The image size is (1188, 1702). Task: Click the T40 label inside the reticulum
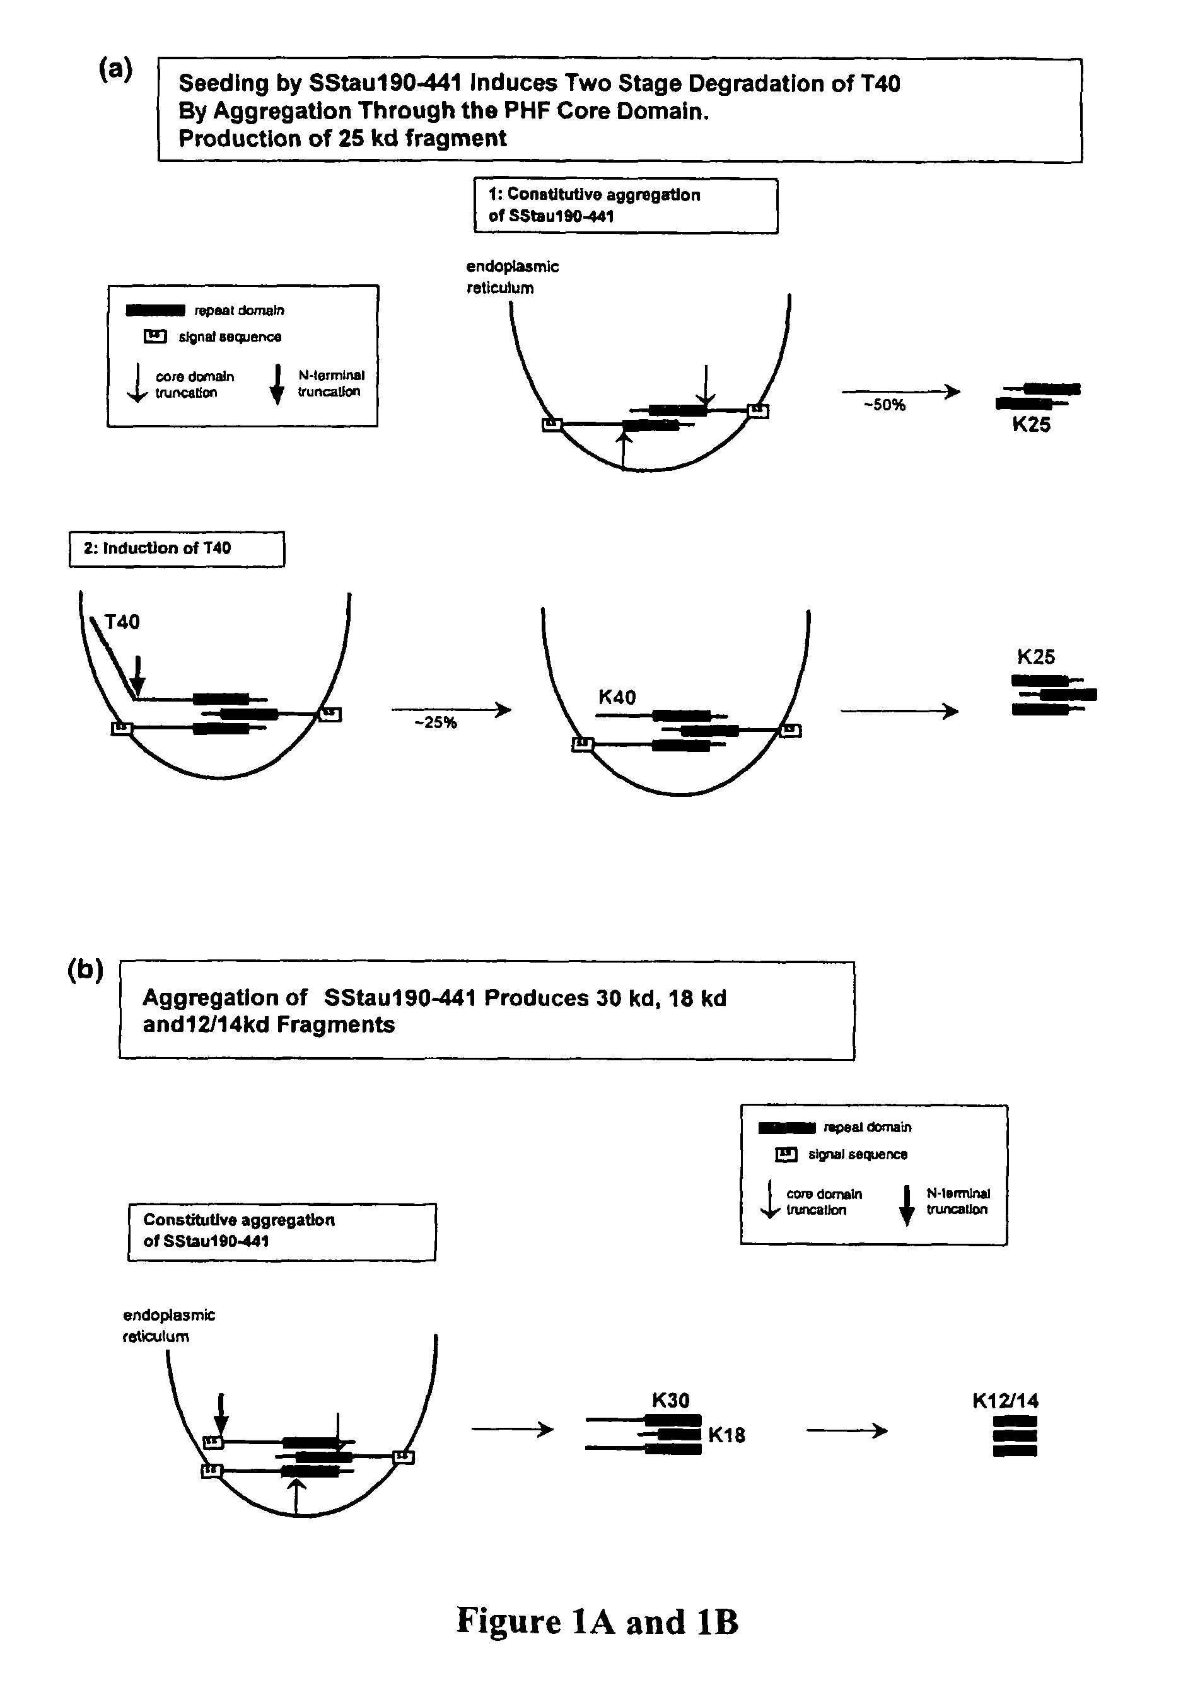(122, 622)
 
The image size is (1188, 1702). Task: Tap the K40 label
(617, 698)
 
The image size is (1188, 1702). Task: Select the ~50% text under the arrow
(884, 405)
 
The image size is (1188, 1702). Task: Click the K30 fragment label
(670, 1400)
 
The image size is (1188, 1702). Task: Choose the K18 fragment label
(726, 1435)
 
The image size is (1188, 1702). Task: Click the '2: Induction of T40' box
(177, 549)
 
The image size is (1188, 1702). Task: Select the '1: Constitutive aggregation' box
(625, 206)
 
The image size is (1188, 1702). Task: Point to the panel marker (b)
(85, 970)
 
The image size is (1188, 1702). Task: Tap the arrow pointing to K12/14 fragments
(846, 1431)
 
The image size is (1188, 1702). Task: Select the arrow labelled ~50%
(900, 391)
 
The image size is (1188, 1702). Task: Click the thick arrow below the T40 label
(137, 674)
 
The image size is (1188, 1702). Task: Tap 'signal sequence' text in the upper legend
(230, 337)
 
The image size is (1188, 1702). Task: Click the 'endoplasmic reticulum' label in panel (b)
(168, 1326)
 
